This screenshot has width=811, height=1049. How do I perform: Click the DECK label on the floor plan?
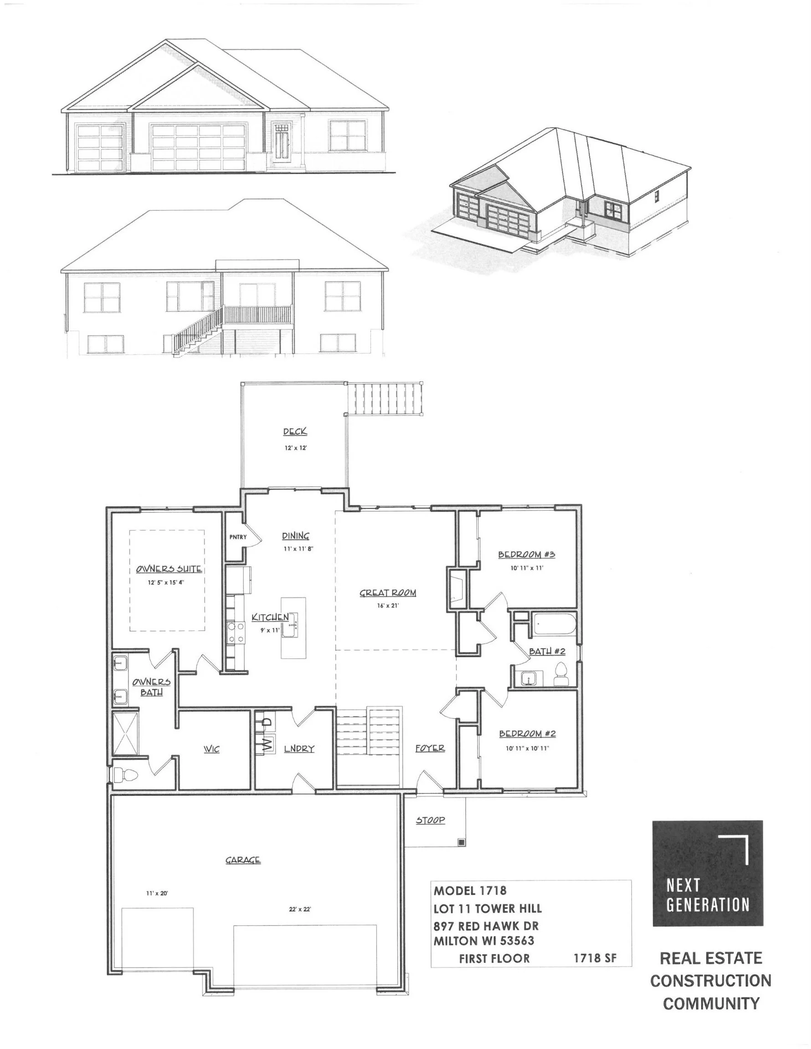(295, 431)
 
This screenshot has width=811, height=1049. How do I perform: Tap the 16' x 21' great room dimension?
(387, 605)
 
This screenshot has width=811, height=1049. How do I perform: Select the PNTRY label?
(237, 537)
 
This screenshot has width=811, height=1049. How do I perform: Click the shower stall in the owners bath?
(125, 733)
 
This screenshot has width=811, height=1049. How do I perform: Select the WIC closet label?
(211, 749)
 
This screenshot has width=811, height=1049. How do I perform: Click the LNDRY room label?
(298, 749)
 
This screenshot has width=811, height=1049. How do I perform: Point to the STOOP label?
(430, 820)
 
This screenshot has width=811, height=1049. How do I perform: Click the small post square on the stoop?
(461, 842)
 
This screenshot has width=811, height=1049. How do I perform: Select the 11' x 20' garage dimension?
(157, 893)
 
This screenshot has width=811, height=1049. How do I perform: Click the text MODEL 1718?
(470, 891)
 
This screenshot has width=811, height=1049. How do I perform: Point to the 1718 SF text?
(595, 958)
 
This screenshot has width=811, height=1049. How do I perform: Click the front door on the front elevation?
(282, 144)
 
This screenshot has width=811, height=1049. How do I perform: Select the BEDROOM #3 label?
(526, 554)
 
